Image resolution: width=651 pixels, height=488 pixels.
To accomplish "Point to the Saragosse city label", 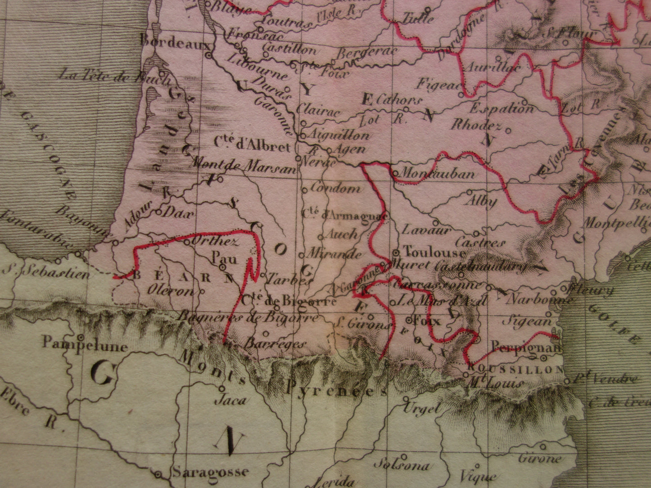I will [210, 472].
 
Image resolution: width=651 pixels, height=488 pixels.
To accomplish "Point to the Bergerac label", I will [366, 52].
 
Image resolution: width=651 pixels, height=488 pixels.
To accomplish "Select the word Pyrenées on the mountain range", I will [337, 388].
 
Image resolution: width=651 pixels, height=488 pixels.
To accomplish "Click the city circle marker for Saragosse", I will [158, 474].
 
